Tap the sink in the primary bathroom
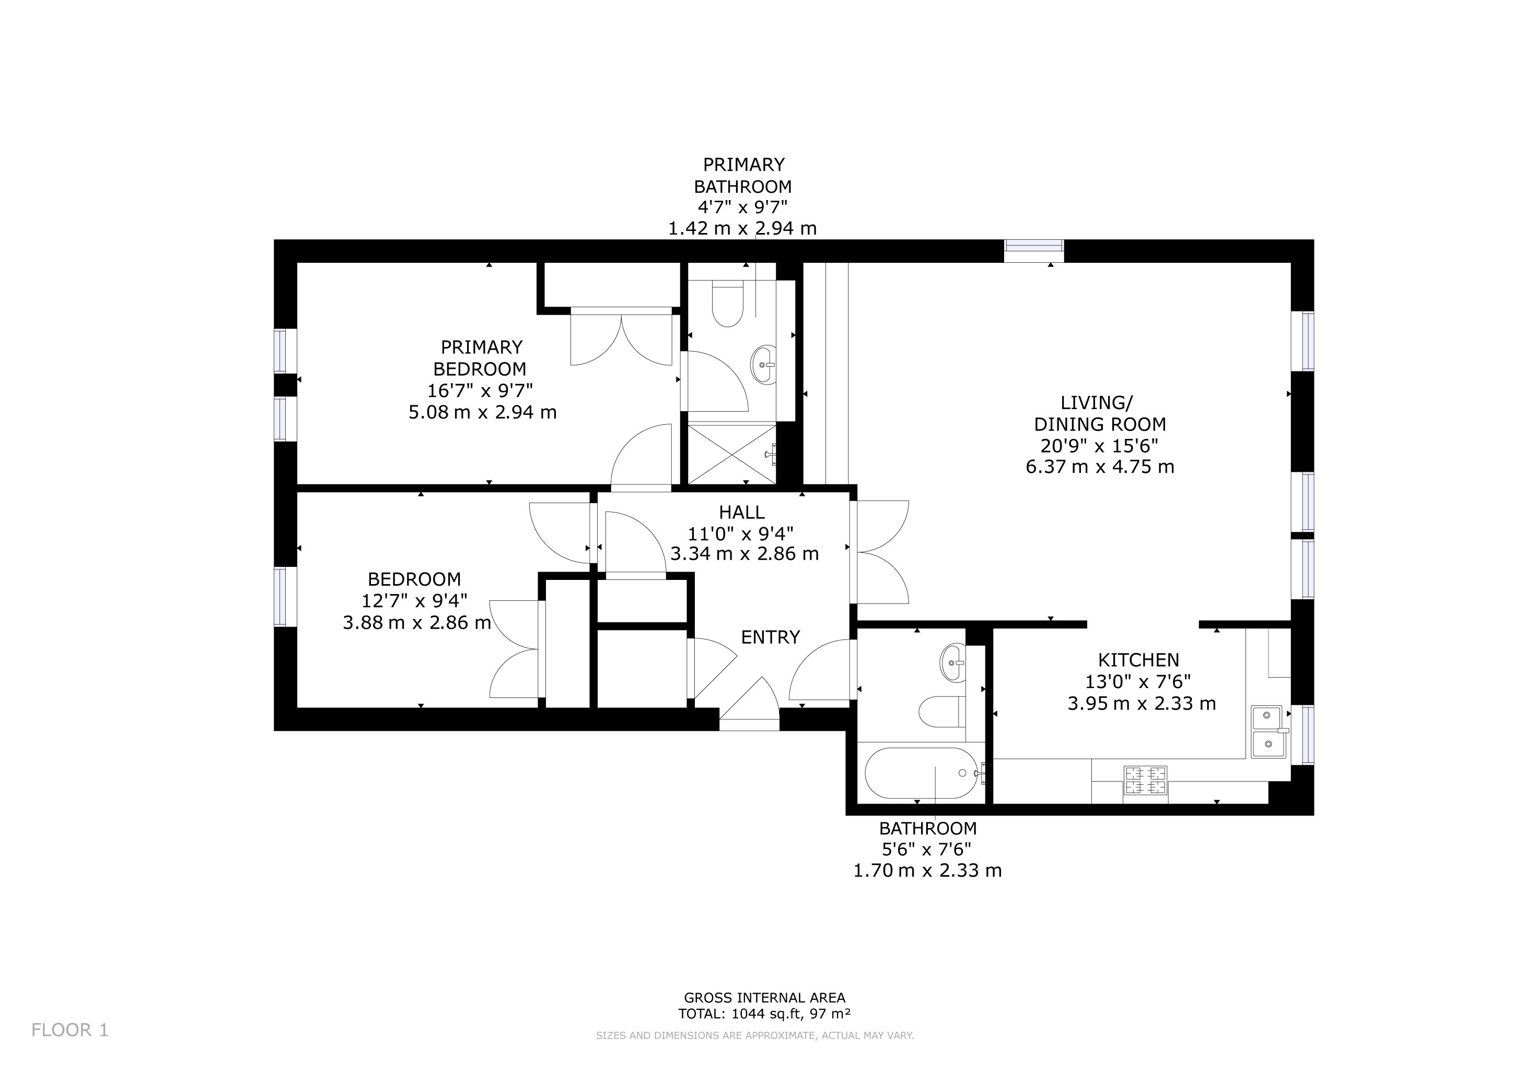764,364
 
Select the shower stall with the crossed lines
732,454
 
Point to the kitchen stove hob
1145,781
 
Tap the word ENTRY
770,637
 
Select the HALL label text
741,512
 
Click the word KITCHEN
1138,659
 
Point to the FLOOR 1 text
70,1030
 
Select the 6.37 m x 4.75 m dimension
1100,467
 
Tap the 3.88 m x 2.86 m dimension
416,623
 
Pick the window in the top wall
1033,251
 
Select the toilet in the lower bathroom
942,711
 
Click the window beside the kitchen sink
1302,735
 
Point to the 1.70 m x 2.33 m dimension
928,871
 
